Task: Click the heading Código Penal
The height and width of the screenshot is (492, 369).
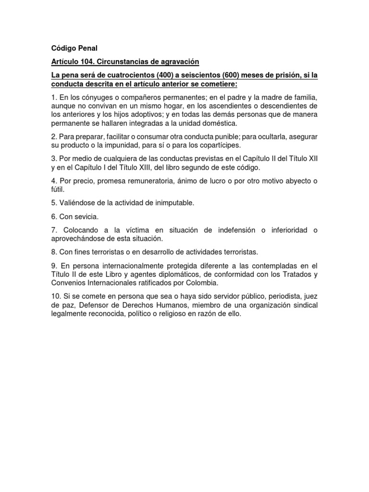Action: tap(74, 48)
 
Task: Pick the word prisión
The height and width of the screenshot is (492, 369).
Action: tap(293, 76)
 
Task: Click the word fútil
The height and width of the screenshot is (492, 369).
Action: tap(59, 189)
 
